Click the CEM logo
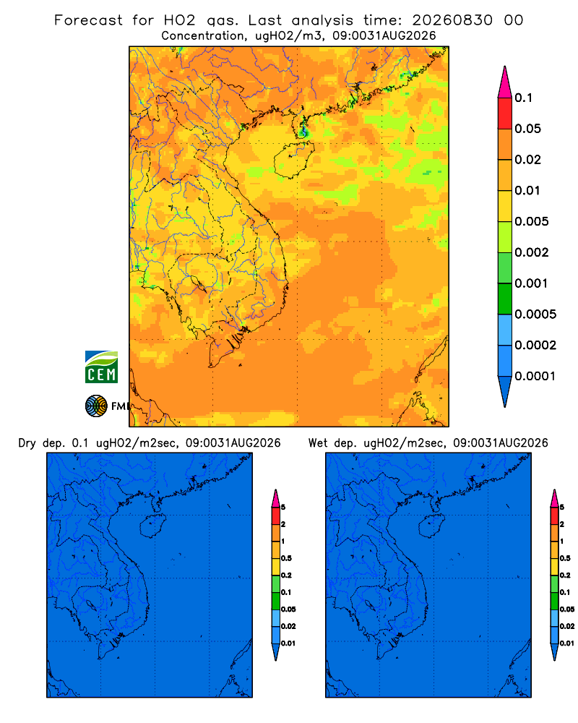pos(101,367)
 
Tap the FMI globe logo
pos(96,406)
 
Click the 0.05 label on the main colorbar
pos(527,129)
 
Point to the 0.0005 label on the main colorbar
pos(535,314)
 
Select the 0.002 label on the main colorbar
pos(532,252)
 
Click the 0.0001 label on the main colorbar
pos(535,376)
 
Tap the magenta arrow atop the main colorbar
pos(505,82)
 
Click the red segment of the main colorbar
pos(505,113)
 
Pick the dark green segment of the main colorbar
pos(505,299)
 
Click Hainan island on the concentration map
pos(294,160)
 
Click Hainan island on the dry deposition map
pos(152,526)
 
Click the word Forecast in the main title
pos(88,20)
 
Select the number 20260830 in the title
pos(452,20)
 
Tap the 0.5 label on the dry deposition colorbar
pos(286,558)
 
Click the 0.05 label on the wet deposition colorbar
pos(567,609)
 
